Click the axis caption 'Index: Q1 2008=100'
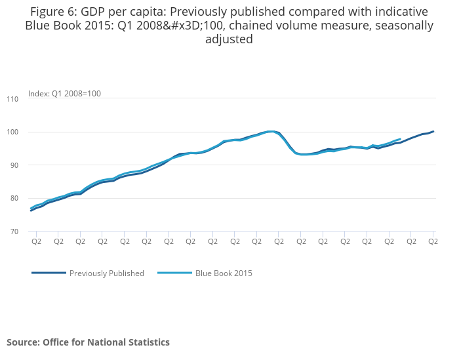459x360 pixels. pos(64,94)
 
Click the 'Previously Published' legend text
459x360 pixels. pos(107,273)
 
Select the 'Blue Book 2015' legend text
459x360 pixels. pos(224,273)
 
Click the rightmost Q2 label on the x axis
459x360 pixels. pos(433,241)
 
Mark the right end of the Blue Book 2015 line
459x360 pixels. pos(400,139)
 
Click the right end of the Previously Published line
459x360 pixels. pos(433,131)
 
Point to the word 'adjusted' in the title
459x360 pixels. pos(229,39)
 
